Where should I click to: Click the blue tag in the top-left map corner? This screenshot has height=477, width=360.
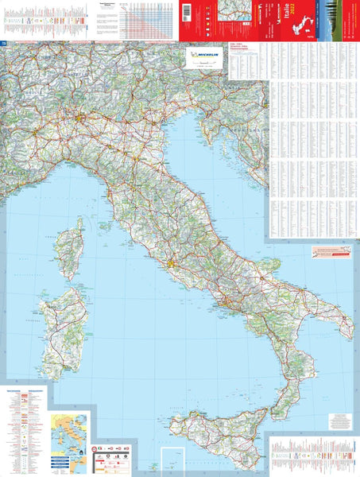[x=4, y=43]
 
